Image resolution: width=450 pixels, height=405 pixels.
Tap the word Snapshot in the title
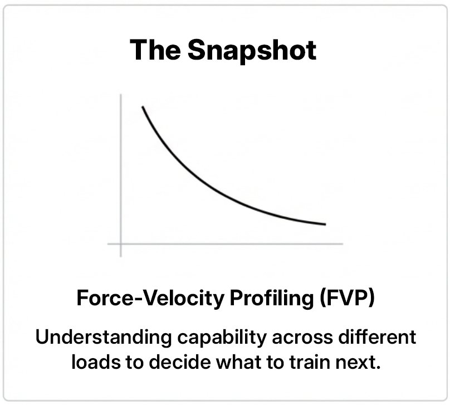tap(252, 51)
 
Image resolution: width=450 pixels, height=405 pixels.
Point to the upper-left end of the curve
tap(143, 106)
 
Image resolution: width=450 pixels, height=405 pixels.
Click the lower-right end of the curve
tap(325, 225)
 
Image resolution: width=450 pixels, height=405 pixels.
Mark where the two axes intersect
tap(121, 243)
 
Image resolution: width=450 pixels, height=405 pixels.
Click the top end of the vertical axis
tap(121, 95)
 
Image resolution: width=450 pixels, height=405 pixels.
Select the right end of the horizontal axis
tap(343, 243)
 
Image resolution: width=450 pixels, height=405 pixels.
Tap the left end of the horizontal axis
tap(108, 243)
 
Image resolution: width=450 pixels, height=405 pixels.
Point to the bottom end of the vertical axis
tap(121, 256)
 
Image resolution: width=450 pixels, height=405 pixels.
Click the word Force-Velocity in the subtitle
tap(149, 299)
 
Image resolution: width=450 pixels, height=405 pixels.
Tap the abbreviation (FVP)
tap(347, 299)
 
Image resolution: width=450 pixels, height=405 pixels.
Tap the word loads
tap(92, 362)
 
